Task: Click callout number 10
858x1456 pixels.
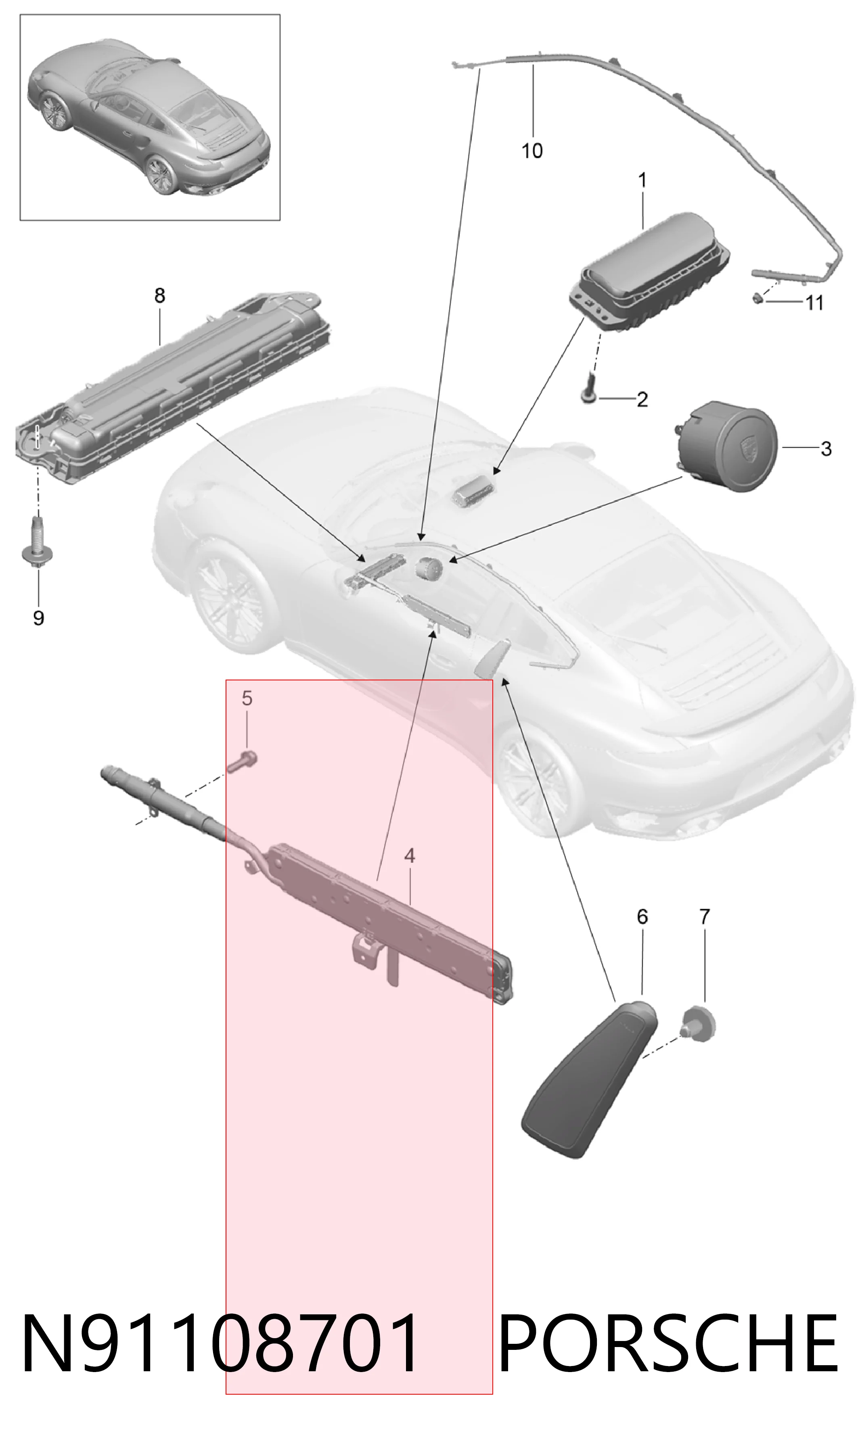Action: click(x=532, y=151)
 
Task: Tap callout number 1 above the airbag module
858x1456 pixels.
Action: click(x=642, y=180)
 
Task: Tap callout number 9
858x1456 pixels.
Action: click(x=39, y=618)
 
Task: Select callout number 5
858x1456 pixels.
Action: click(x=247, y=698)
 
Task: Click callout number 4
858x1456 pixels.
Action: click(x=410, y=856)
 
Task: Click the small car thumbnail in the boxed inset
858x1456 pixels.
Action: click(x=149, y=118)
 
